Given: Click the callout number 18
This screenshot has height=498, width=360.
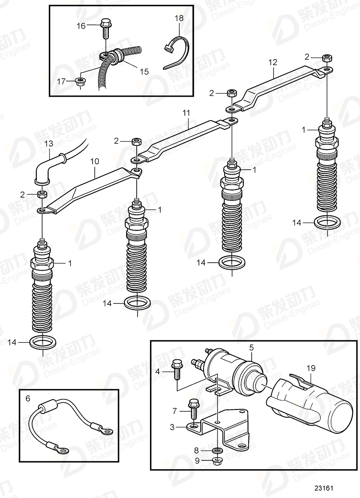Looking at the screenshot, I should (178, 18).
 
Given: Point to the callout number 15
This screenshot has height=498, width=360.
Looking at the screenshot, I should (144, 72).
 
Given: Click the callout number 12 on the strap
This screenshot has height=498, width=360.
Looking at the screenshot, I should (273, 62).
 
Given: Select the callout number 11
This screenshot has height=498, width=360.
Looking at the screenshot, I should (186, 113).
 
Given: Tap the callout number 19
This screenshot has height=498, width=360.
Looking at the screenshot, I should (311, 368).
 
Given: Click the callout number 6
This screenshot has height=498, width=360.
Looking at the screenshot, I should (28, 399).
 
